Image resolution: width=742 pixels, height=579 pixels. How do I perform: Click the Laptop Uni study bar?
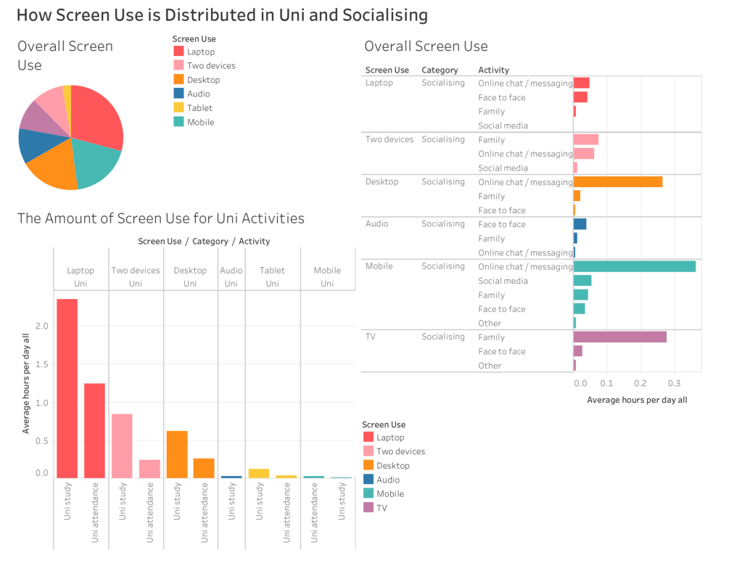(x=67, y=388)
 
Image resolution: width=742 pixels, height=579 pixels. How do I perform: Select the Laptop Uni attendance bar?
(x=94, y=430)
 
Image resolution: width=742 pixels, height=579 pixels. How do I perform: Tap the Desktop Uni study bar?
(x=177, y=454)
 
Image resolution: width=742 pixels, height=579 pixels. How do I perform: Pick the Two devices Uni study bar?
(x=122, y=445)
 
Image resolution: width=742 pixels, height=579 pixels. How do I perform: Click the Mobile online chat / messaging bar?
(x=634, y=266)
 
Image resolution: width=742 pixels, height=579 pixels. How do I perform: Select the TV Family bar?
(x=619, y=337)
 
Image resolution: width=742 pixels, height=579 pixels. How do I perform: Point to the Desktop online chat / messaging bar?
(x=617, y=181)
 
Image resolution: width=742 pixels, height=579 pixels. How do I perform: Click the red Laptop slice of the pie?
(x=98, y=116)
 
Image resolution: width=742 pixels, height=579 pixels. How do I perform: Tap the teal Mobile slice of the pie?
(x=99, y=162)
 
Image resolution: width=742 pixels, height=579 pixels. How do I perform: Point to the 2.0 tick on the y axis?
(x=42, y=326)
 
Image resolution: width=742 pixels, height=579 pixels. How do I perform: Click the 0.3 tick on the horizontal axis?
(x=674, y=382)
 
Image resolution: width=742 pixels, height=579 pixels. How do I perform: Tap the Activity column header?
(x=493, y=70)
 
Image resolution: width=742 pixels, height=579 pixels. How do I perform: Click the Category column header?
(x=440, y=70)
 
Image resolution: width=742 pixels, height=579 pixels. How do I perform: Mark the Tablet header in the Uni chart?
(x=272, y=271)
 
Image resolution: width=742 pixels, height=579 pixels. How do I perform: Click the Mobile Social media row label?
(x=503, y=281)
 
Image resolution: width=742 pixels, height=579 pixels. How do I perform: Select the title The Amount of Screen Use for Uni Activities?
(x=160, y=218)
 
